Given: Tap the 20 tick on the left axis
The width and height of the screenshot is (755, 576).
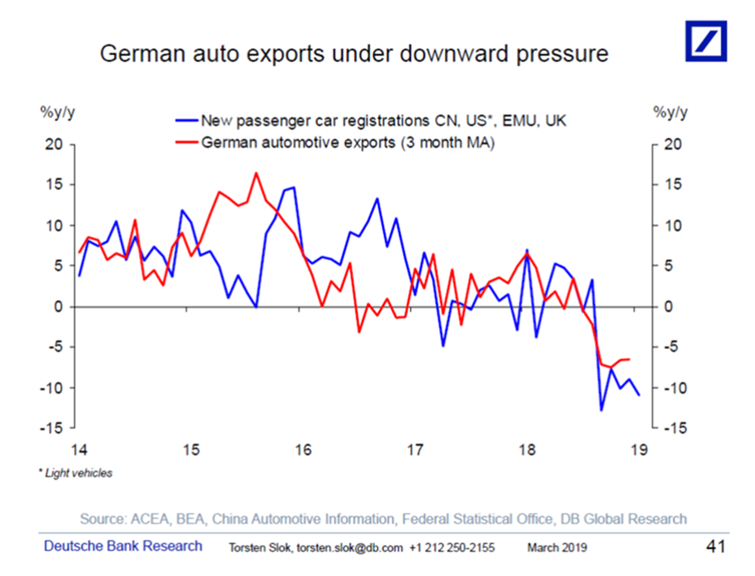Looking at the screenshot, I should [55, 144].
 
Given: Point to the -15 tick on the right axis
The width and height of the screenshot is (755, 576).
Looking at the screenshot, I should [674, 428].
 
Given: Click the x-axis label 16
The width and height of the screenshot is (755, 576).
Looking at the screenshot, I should [303, 450].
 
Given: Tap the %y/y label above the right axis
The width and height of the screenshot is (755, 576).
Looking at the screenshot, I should [671, 111].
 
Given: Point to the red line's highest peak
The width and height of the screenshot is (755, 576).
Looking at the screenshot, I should [257, 173].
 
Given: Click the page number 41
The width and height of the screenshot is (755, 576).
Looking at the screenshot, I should [715, 546].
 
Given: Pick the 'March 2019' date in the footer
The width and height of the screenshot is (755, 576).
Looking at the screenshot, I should [557, 548].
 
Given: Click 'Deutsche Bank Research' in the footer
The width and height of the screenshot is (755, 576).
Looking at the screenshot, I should [123, 546].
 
